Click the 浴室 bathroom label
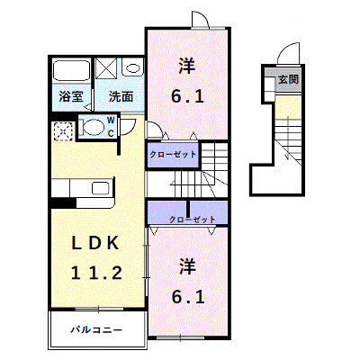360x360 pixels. point(71,96)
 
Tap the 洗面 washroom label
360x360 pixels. point(121,96)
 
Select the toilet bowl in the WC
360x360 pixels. point(92,127)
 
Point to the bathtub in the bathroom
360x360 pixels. point(72,71)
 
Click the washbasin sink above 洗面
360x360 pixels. point(132,68)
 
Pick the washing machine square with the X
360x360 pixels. point(106,69)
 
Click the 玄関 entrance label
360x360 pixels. point(288,79)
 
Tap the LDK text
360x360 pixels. point(95,243)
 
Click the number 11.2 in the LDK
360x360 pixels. point(96,274)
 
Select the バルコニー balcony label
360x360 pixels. point(96,330)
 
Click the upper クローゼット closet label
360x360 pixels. point(173,155)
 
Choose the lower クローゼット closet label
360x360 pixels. point(193,220)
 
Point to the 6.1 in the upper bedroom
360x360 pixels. point(187,96)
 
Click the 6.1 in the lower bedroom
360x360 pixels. point(188,297)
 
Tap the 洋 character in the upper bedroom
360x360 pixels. point(187,67)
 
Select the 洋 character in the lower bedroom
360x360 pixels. point(188,266)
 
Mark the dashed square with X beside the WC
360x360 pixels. point(63,131)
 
